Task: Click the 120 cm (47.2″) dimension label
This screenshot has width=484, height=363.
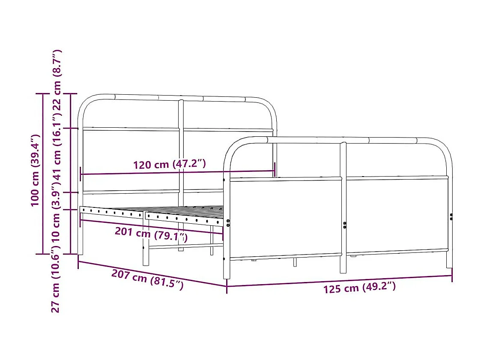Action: click(170, 164)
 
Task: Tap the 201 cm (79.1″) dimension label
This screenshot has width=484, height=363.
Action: click(151, 234)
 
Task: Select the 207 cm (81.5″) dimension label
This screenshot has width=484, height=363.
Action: click(147, 279)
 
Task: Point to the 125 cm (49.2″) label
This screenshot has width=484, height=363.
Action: click(359, 288)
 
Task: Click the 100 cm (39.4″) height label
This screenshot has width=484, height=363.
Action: click(36, 170)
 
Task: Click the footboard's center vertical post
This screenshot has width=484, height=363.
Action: click(343, 206)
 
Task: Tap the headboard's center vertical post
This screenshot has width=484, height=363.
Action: click(181, 150)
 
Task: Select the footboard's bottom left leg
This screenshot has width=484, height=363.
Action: click(227, 270)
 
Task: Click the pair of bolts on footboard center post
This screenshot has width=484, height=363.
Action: click(345, 225)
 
